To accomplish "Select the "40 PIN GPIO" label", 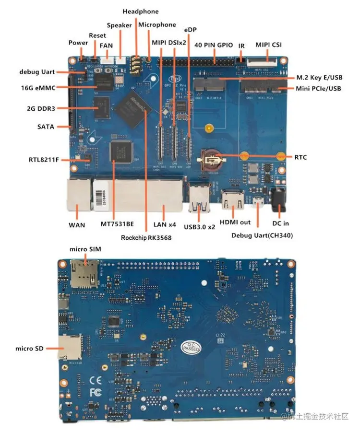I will pos(214,45).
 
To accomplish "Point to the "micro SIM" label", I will pos(85,249).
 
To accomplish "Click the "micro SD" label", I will pos(30,348).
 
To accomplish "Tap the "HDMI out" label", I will pos(235,223).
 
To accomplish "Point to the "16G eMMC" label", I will pos(39,88).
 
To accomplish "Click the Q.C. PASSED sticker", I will pos(191,346).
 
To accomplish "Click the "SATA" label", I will pos(46,127).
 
